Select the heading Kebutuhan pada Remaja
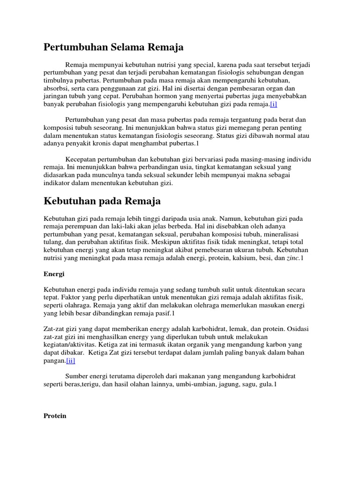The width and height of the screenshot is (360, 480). click(102, 201)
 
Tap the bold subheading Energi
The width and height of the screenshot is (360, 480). click(53, 273)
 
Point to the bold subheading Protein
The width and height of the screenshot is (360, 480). click(55, 416)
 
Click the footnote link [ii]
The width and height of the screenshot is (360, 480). click(70, 360)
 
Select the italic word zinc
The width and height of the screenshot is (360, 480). click(292, 258)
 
